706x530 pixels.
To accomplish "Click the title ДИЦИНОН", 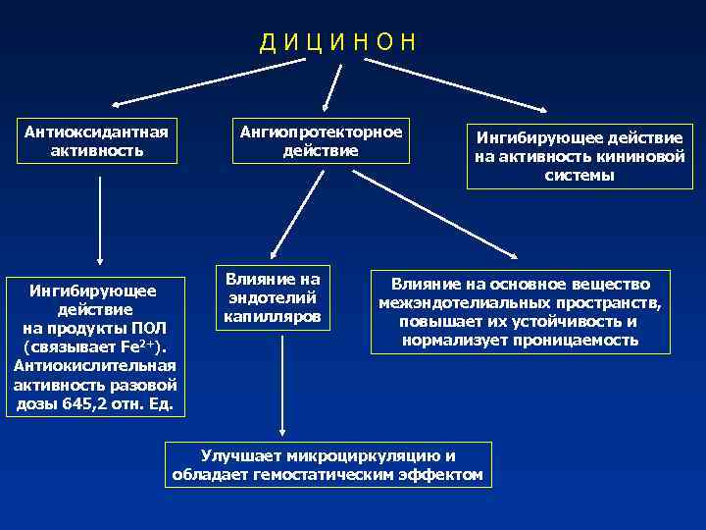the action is (x=338, y=42).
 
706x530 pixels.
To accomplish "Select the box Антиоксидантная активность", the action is (x=97, y=141).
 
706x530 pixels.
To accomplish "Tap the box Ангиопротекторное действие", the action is (x=321, y=141).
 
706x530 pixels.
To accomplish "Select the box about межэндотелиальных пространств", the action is (x=520, y=311).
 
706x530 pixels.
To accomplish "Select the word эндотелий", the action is (x=274, y=298).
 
